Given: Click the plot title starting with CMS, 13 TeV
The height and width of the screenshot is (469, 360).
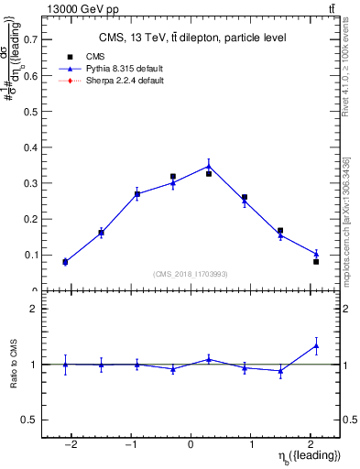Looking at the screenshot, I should tap(192, 38).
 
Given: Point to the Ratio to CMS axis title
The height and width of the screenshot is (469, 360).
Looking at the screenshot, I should tap(13, 365).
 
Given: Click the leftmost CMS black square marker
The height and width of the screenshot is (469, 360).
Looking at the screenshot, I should tap(65, 262).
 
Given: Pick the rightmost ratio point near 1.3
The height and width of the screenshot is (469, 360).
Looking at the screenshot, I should tap(316, 345).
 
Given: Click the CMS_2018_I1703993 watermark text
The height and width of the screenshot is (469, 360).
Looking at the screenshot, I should tap(191, 272).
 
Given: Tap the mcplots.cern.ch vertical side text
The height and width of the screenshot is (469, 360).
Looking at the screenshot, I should tap(346, 220).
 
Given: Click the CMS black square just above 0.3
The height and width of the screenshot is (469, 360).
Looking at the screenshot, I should tap(173, 177).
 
